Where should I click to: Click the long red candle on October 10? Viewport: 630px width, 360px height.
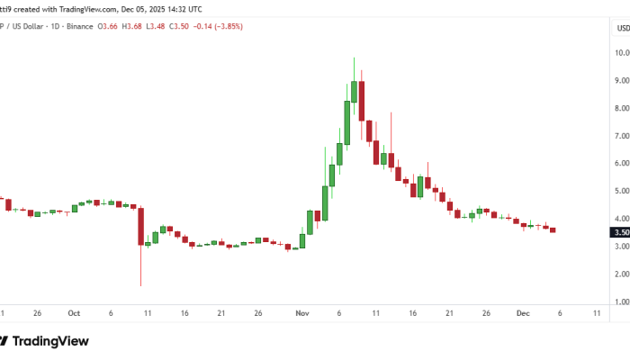pos(141,225)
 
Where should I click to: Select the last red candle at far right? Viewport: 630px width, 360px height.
pos(553,229)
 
